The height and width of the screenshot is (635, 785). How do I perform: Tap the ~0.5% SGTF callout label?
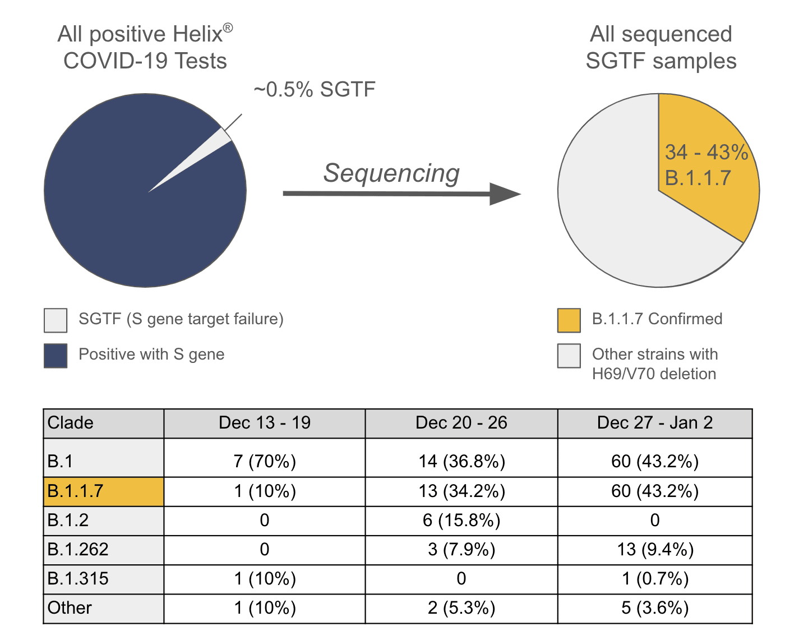(x=314, y=90)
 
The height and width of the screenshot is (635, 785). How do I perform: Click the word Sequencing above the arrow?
(x=391, y=173)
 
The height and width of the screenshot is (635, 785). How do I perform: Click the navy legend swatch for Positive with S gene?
(x=56, y=356)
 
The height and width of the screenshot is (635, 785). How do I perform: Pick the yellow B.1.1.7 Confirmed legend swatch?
(x=569, y=320)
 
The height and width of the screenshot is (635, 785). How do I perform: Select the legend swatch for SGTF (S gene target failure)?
(x=56, y=320)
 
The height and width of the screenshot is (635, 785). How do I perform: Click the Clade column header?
(x=71, y=423)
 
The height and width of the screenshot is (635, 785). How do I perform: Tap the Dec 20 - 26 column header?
(x=461, y=423)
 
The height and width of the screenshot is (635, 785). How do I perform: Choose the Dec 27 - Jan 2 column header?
(x=655, y=423)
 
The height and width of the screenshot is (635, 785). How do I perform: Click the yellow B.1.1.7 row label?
(x=76, y=491)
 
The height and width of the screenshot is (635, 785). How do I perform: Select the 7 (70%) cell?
(x=265, y=461)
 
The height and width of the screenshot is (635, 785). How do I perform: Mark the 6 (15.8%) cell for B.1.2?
(x=461, y=521)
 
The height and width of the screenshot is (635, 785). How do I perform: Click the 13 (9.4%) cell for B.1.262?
(x=655, y=550)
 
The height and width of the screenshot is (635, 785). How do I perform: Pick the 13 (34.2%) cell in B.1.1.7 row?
(x=461, y=491)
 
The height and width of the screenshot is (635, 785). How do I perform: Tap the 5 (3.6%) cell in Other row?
(x=655, y=608)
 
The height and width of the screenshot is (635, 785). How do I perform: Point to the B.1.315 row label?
(x=78, y=579)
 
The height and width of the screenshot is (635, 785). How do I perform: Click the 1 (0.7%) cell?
(x=655, y=579)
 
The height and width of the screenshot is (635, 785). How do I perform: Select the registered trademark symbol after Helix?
(x=228, y=27)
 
